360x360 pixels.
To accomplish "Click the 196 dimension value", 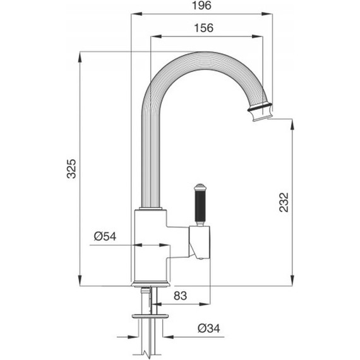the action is click(201, 6).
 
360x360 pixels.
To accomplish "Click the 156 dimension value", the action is click(203, 28).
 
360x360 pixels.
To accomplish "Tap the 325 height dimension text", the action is click(71, 169).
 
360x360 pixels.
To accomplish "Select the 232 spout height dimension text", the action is click(284, 202).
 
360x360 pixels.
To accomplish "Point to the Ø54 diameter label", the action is click(105, 236).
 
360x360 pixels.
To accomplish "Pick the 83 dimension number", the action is click(180, 296).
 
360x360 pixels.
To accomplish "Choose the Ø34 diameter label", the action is click(208, 328).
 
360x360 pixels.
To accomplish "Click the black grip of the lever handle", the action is click(200, 206).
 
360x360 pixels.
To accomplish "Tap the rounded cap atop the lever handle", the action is click(200, 187).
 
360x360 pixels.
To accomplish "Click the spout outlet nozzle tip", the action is click(262, 116).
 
